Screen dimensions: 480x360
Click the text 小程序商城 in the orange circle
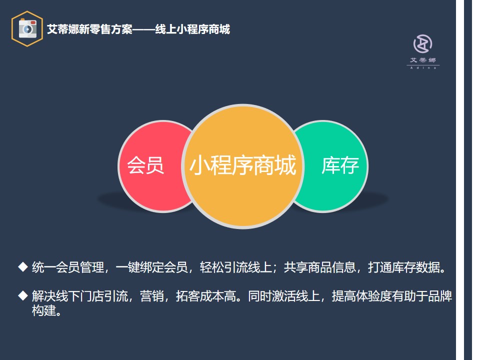(x=243, y=165)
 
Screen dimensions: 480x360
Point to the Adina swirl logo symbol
(x=423, y=44)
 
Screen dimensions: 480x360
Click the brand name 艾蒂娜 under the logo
(x=423, y=60)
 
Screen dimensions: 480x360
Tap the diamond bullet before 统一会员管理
(x=23, y=266)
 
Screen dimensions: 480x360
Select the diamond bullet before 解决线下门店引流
(x=23, y=295)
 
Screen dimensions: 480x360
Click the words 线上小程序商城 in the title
(x=192, y=29)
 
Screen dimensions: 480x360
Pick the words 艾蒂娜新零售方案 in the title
(x=89, y=29)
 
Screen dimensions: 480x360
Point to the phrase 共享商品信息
(x=320, y=267)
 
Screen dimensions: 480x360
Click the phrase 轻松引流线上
(x=236, y=267)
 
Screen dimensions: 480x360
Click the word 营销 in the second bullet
(x=152, y=296)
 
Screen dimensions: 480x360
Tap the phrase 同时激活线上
(x=284, y=296)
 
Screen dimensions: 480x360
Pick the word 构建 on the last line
(x=44, y=310)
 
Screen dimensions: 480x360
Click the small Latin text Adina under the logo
(x=423, y=67)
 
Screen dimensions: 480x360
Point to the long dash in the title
(x=144, y=29)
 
